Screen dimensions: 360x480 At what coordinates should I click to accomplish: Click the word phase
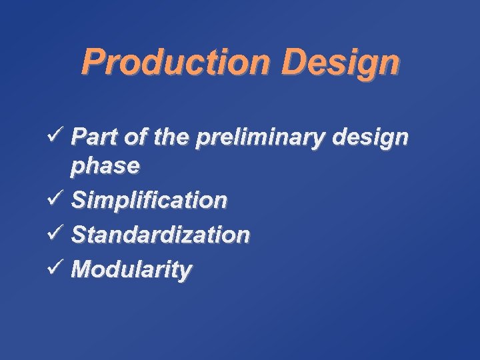105,167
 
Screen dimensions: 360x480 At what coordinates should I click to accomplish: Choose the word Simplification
149,200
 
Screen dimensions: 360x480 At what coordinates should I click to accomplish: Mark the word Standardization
161,235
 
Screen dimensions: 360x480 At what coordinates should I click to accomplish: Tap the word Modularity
131,270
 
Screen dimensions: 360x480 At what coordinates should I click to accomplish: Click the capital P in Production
91,62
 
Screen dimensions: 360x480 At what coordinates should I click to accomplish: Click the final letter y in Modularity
185,273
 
